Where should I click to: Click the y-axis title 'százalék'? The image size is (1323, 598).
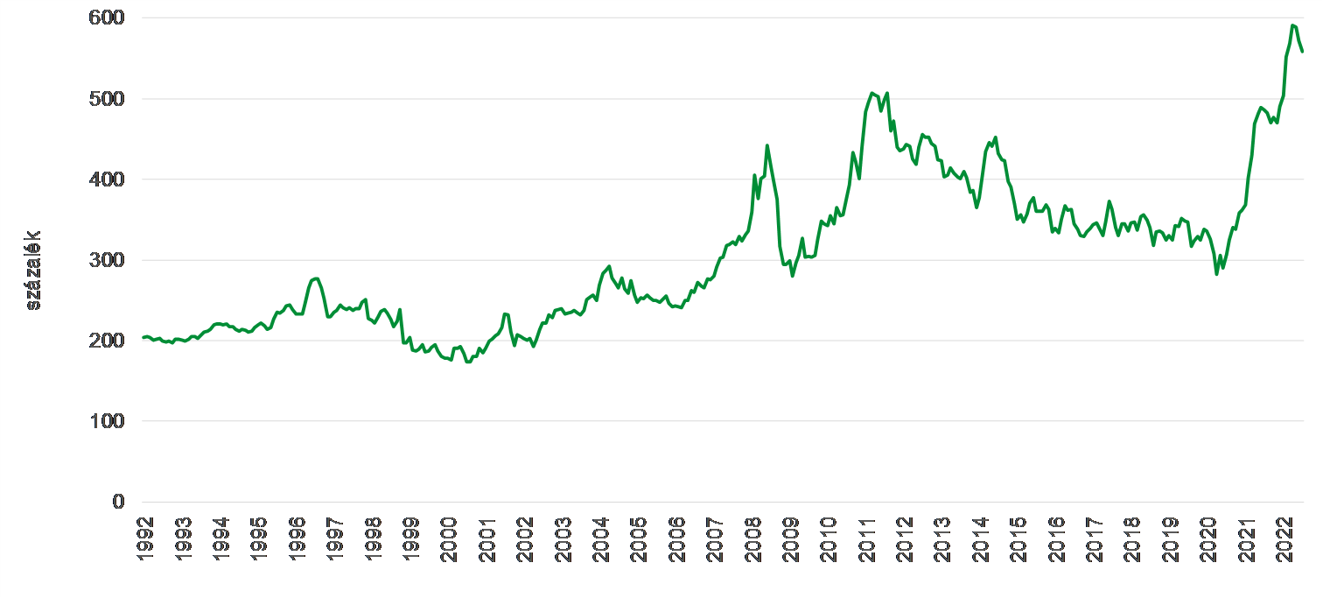pyautogui.click(x=34, y=271)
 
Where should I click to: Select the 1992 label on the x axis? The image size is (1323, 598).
pyautogui.click(x=145, y=537)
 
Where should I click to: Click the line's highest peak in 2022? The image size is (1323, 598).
pyautogui.click(x=1293, y=25)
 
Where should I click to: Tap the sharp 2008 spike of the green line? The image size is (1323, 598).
pyautogui.click(x=767, y=145)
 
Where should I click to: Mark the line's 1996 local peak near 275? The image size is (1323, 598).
pyautogui.click(x=316, y=278)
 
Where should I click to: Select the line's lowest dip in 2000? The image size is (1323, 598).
pyautogui.click(x=468, y=362)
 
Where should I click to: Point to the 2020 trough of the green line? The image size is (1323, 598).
pyautogui.click(x=1217, y=274)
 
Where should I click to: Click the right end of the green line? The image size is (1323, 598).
pyautogui.click(x=1302, y=52)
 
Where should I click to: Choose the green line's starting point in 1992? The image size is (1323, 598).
pyautogui.click(x=143, y=337)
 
